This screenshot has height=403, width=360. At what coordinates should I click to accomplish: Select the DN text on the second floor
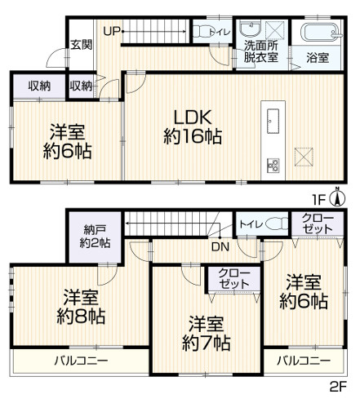tap(220, 246)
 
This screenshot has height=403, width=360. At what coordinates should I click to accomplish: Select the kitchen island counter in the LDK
tap(271, 119)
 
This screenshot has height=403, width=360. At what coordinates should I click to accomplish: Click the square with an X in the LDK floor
tap(305, 155)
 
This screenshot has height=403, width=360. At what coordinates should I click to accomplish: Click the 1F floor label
tap(322, 198)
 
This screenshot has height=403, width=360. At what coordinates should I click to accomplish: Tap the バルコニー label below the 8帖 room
tap(83, 360)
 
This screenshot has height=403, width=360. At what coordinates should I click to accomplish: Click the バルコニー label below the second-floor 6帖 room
tap(303, 360)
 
